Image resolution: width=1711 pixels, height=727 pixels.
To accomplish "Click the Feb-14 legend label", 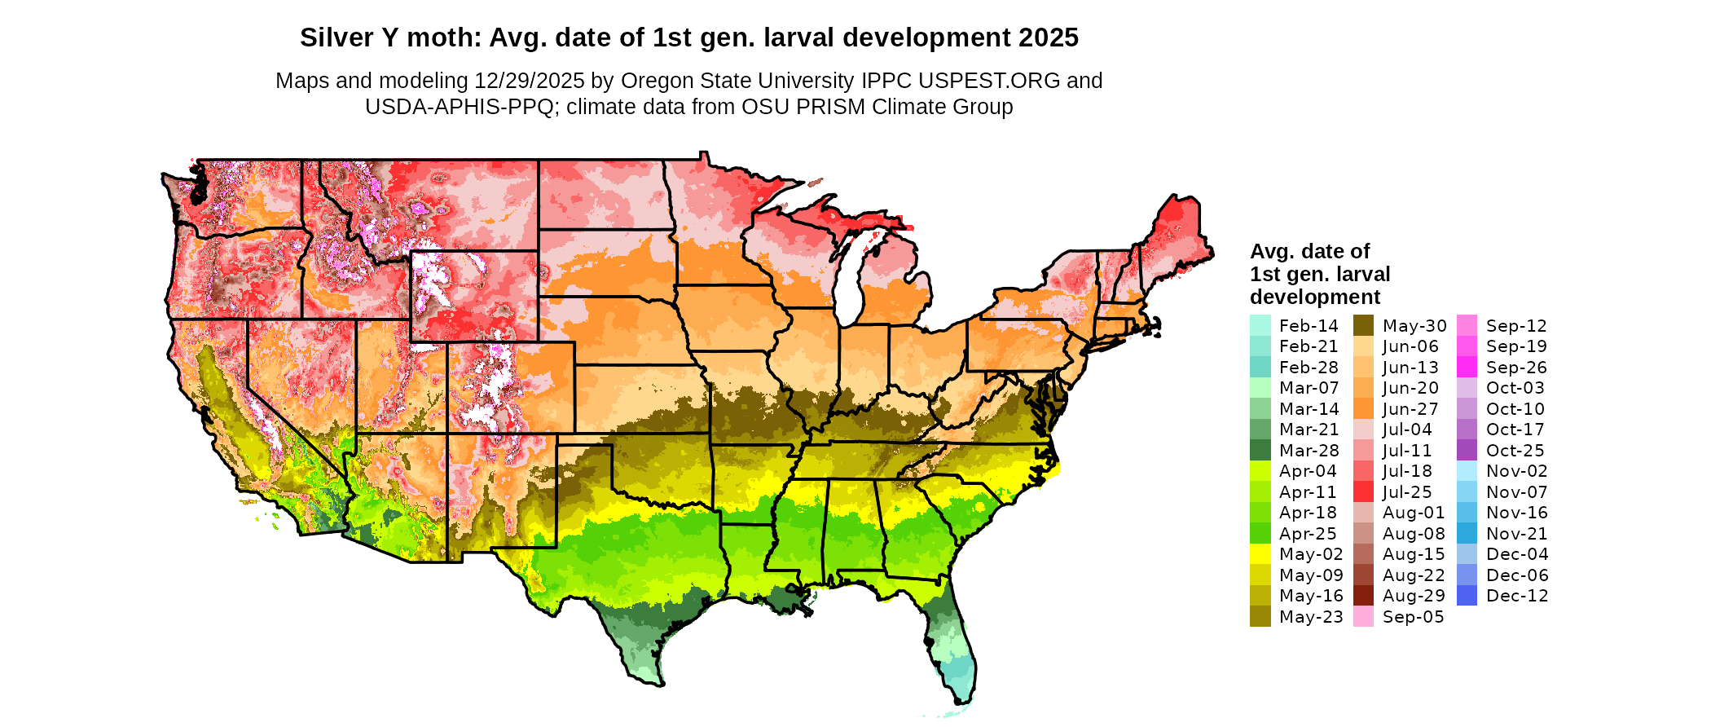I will coord(1309,326).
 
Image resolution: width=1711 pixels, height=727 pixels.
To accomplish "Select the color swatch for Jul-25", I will coord(1364,492).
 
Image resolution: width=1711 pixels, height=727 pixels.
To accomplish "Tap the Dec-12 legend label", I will coord(1517,596).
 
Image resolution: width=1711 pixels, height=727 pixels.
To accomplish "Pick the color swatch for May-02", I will coord(1260,554).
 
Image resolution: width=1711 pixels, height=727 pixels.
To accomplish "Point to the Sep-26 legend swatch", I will coord(1467,368).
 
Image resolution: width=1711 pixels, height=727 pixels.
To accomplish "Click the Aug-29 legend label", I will coord(1414,596).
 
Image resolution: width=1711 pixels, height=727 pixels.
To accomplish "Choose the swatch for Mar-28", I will coord(1260,451).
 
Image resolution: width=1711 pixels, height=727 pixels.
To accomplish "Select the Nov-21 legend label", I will coord(1517,534).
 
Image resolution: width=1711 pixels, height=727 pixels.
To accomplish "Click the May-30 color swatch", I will coord(1364,326).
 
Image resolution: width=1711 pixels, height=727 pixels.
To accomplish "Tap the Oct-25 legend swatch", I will coord(1467,451).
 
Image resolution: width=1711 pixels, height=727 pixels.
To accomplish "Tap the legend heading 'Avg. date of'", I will coord(1309,251).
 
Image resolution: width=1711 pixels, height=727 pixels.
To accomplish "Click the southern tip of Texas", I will coord(657,683).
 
